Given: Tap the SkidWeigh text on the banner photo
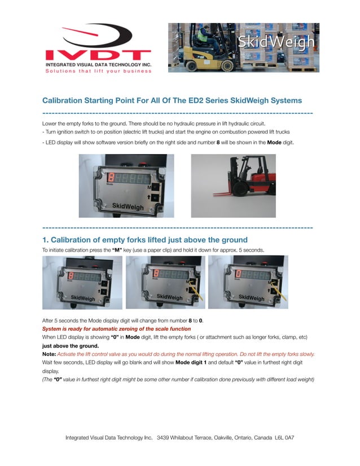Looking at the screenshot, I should click(276, 42).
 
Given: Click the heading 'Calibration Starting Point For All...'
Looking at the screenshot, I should click(172, 100).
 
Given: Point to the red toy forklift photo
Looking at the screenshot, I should click(233, 186).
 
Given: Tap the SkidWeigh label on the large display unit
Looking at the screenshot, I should click(128, 207).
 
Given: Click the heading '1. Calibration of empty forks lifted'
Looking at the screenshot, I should click(145, 240).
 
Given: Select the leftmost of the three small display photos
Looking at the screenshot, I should click(82, 282).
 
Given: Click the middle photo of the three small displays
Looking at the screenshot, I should click(165, 282).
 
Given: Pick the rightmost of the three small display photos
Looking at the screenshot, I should click(248, 282).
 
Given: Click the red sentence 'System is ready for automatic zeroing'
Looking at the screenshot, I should click(116, 328).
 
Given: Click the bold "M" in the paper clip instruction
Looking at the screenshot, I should click(117, 249).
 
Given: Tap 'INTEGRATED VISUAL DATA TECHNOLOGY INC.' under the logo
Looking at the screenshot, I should click(98, 65).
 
